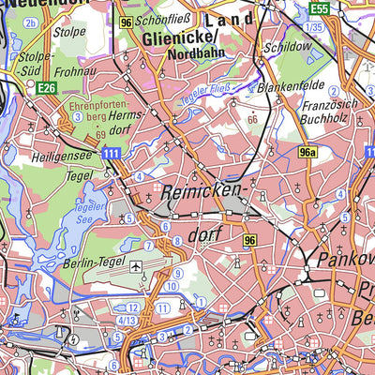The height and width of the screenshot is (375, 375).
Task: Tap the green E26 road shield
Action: pyautogui.click(x=46, y=87)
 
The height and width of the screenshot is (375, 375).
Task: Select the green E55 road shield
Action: pyautogui.click(x=320, y=7)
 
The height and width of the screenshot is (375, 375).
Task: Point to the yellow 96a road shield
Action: pyautogui.click(x=307, y=151)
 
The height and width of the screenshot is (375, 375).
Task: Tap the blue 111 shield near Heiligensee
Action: pyautogui.click(x=112, y=152)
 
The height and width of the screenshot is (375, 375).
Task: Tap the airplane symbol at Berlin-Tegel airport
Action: pyautogui.click(x=138, y=267)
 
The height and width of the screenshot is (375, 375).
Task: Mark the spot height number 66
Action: pyautogui.click(x=251, y=120)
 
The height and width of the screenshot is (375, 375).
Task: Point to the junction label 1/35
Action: pyautogui.click(x=314, y=28)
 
